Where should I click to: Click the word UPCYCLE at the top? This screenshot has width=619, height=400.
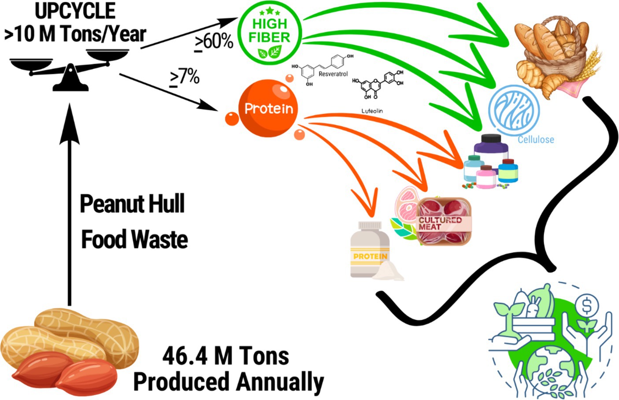[x=75, y=11]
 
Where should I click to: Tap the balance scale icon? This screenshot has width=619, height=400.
[x=70, y=70]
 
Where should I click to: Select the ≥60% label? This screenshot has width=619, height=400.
[x=214, y=42]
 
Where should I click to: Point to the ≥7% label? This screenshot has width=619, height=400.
[x=185, y=78]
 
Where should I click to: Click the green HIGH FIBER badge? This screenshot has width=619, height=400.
[x=269, y=31]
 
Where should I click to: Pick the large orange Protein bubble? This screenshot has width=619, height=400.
[x=268, y=108]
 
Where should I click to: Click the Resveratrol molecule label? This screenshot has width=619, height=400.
[x=333, y=74]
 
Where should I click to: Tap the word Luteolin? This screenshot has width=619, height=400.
[x=372, y=111]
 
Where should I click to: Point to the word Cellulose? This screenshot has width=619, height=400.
[x=536, y=140]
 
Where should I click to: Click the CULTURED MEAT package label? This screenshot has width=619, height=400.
[x=439, y=223]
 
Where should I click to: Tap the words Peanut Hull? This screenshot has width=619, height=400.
[x=132, y=204]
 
